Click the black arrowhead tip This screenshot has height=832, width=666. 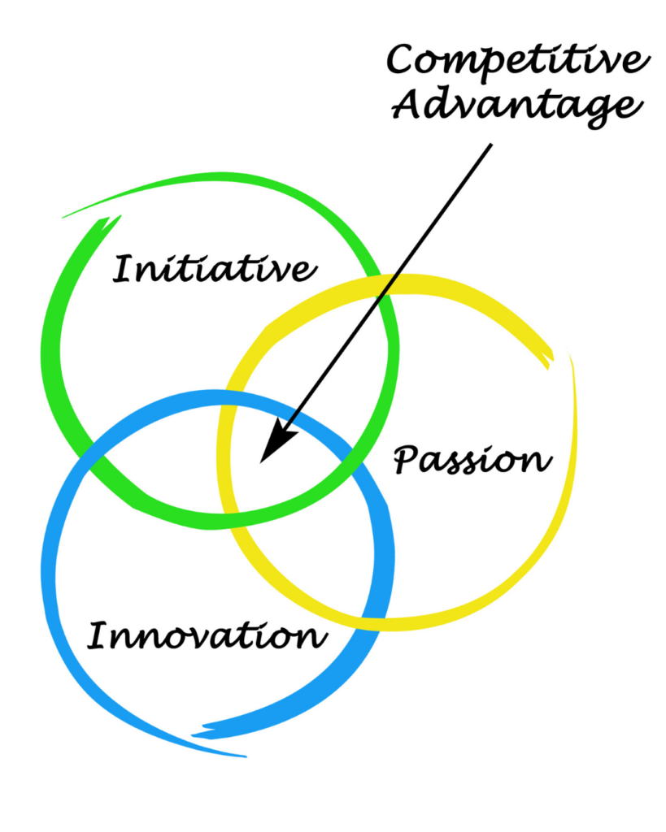point(261,461)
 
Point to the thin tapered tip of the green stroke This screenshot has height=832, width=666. point(65,217)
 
